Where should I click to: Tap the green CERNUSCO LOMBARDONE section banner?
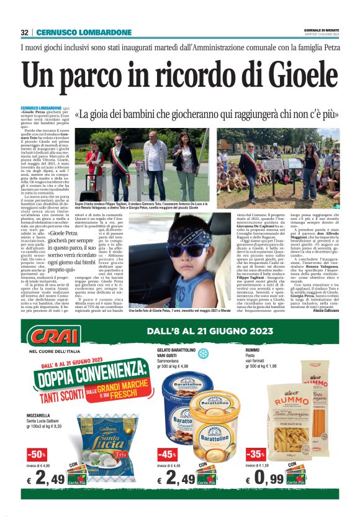click(x=83, y=32)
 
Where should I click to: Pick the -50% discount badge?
click(x=37, y=454)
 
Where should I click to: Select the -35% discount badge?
click(x=256, y=454)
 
